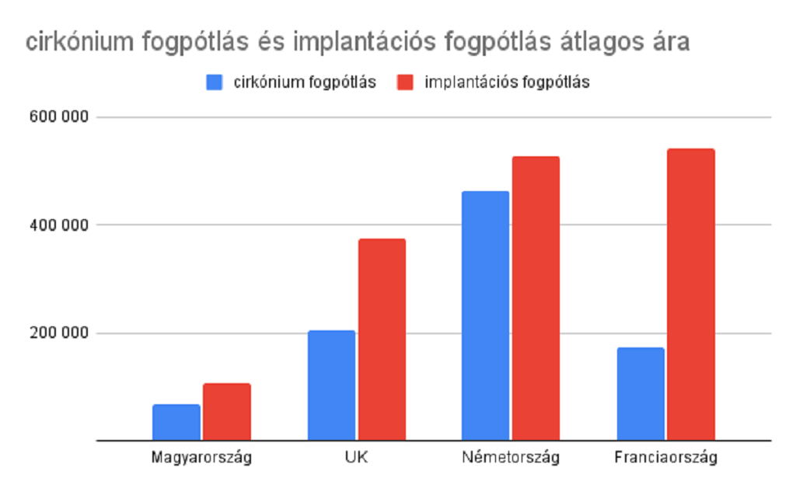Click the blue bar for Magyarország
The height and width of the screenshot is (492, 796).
click(176, 422)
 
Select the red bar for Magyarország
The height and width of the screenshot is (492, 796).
click(227, 412)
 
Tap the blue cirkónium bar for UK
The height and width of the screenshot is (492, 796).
click(331, 386)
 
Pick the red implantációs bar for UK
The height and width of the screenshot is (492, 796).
click(382, 340)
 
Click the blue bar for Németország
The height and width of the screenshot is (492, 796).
click(485, 316)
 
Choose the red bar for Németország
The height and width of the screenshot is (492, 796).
click(536, 298)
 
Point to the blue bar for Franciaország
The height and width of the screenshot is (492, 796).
click(641, 394)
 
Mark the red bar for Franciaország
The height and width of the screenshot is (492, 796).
click(690, 295)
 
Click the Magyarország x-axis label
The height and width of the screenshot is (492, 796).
click(201, 457)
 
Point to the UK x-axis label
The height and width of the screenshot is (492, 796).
click(356, 457)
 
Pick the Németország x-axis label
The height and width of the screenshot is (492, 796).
click(511, 457)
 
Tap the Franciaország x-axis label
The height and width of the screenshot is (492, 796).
click(665, 457)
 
